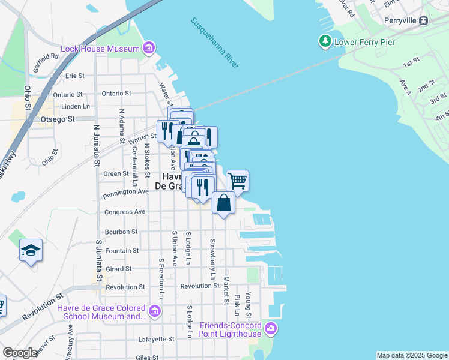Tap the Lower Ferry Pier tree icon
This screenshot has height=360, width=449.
click(325, 41)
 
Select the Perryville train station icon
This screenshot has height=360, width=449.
click(424, 20)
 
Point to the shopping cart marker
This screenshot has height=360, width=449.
click(238, 181)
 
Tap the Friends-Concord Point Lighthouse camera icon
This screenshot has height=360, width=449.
click(270, 328)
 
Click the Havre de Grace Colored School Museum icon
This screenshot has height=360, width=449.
click(155, 311)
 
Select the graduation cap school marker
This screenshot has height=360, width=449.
click(31, 250)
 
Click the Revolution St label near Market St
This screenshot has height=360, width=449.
click(200, 286)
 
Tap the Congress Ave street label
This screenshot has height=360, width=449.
click(125, 212)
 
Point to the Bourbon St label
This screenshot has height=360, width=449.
click(122, 232)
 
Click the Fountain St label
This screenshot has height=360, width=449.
click(122, 250)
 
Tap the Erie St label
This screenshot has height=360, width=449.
click(74, 76)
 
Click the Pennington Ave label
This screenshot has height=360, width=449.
click(125, 192)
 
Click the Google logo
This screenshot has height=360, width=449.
click(20, 353)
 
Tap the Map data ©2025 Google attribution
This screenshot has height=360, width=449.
click(412, 355)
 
